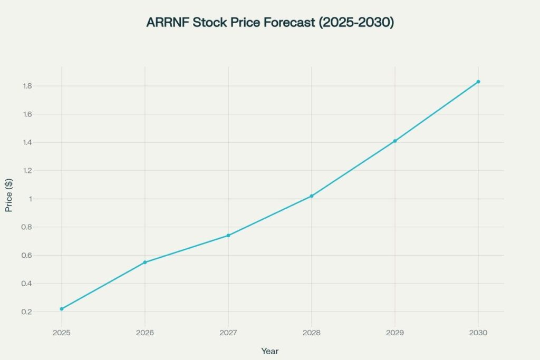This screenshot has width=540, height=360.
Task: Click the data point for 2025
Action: point(62,309)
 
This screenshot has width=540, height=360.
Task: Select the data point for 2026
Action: point(145,262)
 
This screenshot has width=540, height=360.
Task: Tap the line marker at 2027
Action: point(228,235)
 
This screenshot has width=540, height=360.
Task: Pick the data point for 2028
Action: point(312,196)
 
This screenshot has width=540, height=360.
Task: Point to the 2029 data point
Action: point(395,141)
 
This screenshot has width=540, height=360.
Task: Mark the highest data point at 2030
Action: point(478,82)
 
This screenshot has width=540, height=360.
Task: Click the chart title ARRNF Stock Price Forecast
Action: point(270,23)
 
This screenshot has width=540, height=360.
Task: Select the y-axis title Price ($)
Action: point(9,199)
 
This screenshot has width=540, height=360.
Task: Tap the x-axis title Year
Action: point(270,351)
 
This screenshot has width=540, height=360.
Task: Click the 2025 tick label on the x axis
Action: point(62,333)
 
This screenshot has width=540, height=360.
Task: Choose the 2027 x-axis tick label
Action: point(228,333)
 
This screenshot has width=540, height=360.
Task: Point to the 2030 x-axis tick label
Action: point(478,333)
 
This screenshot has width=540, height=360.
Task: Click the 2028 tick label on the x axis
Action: point(312,333)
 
